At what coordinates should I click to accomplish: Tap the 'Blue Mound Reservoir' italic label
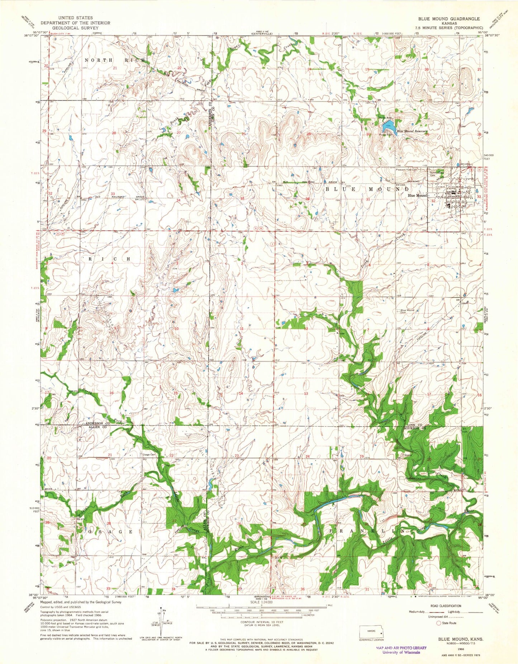tap(412, 131)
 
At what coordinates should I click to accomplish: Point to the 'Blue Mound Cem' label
tap(408, 311)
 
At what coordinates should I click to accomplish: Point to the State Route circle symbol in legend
tap(438, 623)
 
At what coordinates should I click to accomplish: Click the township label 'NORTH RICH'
tap(115, 60)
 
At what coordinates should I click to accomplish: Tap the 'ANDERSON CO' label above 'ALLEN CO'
tap(97, 423)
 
